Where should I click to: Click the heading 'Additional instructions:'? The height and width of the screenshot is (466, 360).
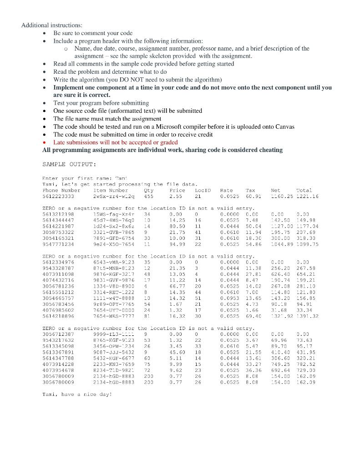51,25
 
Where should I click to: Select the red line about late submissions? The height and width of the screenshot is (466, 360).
115,142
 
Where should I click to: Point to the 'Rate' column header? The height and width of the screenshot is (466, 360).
226,190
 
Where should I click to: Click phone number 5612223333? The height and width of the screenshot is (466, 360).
58,196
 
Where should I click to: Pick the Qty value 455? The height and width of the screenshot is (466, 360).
148,196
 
